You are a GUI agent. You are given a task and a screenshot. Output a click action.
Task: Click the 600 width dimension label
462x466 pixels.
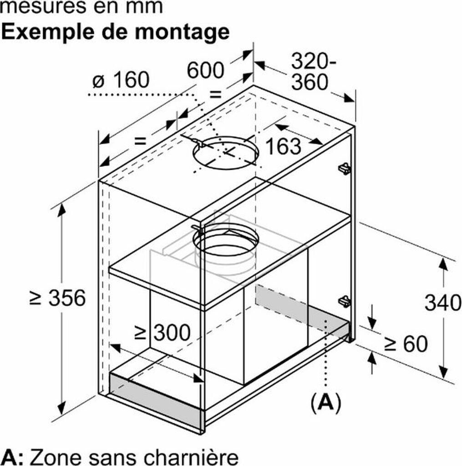(206, 71)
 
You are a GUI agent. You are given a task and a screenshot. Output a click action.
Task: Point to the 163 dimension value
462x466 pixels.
(283, 146)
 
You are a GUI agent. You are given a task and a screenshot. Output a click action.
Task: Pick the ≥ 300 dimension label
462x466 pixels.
(162, 333)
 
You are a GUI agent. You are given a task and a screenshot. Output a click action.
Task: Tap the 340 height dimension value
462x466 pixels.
(442, 302)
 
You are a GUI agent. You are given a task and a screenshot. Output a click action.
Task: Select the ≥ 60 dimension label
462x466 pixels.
(406, 344)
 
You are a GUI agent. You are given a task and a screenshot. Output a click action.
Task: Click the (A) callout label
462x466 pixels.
(325, 402)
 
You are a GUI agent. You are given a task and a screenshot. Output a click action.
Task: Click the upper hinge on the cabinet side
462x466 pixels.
(344, 168)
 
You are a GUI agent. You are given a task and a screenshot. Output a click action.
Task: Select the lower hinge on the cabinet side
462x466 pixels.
(344, 301)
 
